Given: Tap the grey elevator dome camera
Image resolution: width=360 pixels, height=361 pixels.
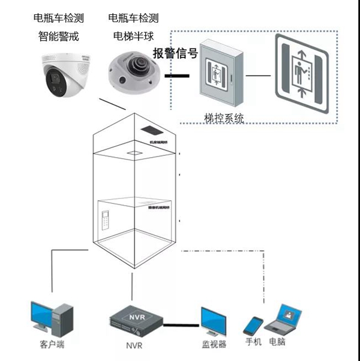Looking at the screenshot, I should coord(133,73).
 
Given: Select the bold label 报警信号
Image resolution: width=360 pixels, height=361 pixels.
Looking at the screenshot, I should coord(175,53).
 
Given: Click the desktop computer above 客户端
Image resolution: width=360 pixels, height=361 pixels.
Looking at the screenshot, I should coord(51,319).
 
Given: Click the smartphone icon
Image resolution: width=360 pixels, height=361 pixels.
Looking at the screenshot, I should coord(253,326).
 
